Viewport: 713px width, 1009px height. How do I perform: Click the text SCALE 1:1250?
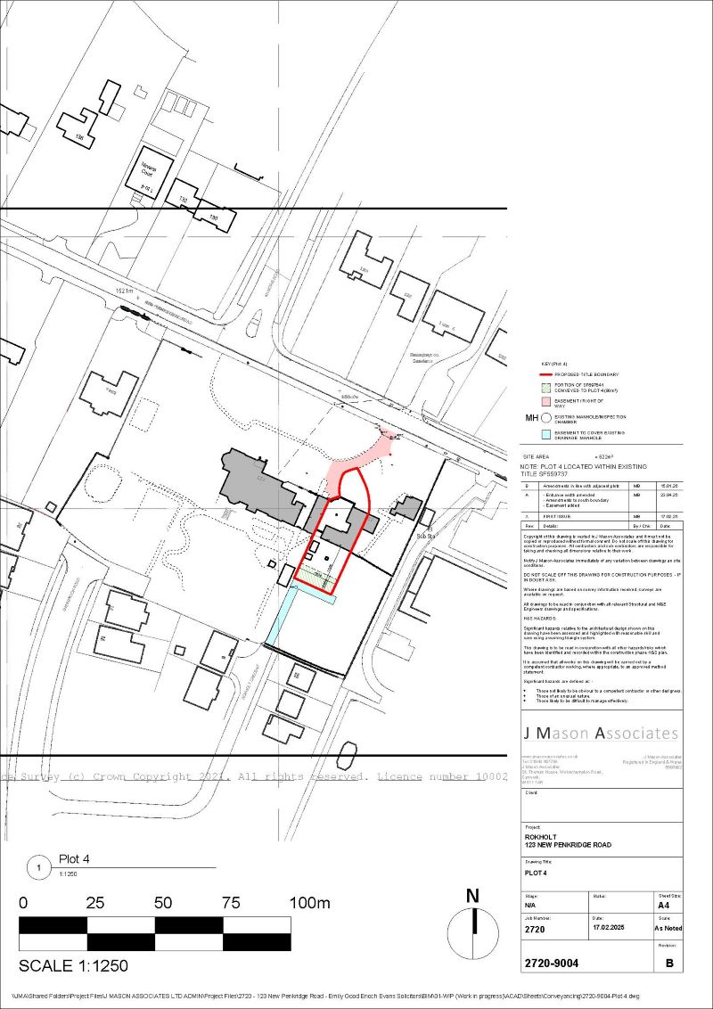pos(74,965)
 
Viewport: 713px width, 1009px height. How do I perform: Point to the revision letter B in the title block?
pos(669,964)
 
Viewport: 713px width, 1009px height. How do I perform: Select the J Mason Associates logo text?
pos(600,734)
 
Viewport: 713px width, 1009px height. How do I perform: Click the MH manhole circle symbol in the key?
pos(545,417)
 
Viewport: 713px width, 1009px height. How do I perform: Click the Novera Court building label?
pos(148,170)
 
